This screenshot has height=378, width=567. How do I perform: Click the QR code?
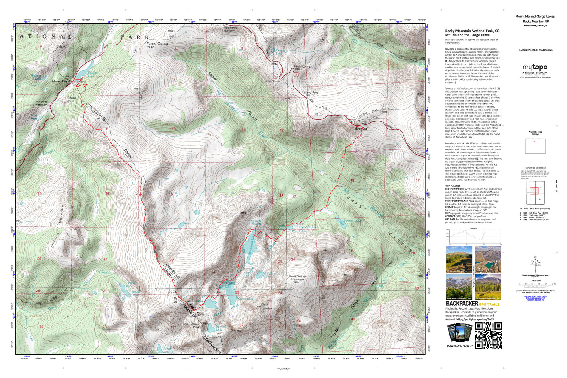pyautogui.click(x=488, y=335)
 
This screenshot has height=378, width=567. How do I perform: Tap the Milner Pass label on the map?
pyautogui.click(x=60, y=81)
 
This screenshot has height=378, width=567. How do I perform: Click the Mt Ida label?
pyautogui.click(x=175, y=300)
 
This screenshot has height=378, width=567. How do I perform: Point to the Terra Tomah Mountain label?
pyautogui.click(x=297, y=278)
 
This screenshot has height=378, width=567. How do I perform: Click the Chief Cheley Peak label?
pyautogui.click(x=191, y=325)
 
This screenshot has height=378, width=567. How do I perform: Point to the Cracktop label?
pyautogui.click(x=236, y=330)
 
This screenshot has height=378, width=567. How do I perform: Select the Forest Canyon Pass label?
pyautogui.click(x=158, y=45)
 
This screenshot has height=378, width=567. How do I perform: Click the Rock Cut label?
pyautogui.click(x=361, y=129)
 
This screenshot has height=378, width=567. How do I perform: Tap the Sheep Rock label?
pyautogui.click(x=71, y=99)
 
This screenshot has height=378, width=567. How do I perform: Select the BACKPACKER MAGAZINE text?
pyautogui.click(x=536, y=50)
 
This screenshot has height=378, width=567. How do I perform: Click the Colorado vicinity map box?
pyautogui.click(x=535, y=146)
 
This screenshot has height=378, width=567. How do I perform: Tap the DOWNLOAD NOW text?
pyautogui.click(x=460, y=345)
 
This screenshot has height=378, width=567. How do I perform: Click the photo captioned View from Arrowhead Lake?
pyautogui.click(x=459, y=287)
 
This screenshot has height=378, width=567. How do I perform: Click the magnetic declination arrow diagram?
pyautogui.click(x=535, y=262)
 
